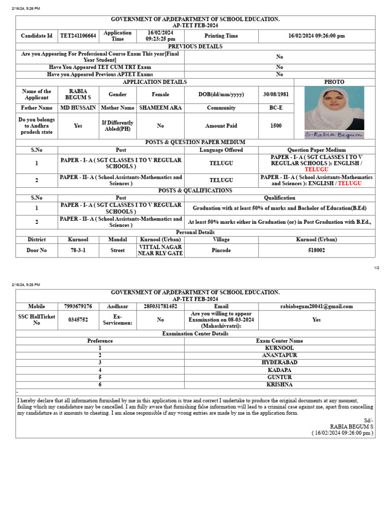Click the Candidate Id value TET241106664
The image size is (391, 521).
78,36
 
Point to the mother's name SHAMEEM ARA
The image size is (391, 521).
160,108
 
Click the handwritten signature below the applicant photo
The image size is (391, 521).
334,135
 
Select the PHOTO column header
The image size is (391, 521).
334,82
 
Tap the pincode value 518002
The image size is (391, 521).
317,250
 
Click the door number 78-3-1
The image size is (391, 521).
78,250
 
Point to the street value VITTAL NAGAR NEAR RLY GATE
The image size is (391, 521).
160,250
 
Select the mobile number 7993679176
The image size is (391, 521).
78,306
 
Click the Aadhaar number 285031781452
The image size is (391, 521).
160,306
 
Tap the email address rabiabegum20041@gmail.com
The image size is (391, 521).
317,306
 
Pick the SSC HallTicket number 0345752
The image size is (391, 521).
78,320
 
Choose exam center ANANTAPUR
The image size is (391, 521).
280,355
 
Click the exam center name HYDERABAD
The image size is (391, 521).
280,362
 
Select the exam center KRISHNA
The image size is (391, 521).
280,385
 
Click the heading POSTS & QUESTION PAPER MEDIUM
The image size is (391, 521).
195,142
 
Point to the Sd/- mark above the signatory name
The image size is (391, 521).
369,420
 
